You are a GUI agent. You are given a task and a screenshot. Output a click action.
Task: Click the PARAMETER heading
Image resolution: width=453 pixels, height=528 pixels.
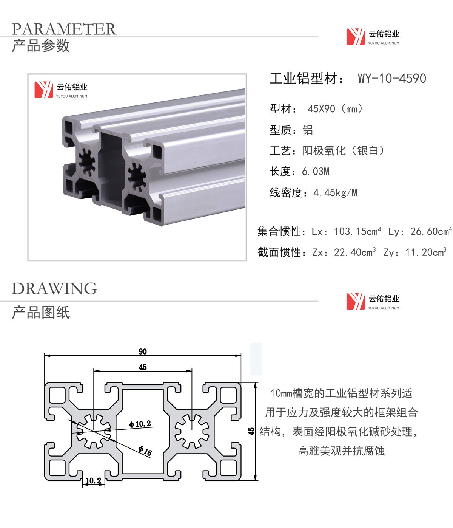point(64,29)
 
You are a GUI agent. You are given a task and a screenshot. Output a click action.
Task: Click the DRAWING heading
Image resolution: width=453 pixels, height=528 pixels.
point(54,288)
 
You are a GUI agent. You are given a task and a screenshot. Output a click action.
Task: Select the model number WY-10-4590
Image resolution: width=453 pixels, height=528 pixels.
point(392,78)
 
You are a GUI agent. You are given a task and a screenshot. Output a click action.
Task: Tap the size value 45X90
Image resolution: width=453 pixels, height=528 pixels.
point(321,109)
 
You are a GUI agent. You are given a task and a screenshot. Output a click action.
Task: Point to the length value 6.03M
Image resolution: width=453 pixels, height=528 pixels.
point(316,172)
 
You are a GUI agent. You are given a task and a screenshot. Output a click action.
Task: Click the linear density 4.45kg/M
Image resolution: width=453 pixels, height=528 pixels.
point(335,193)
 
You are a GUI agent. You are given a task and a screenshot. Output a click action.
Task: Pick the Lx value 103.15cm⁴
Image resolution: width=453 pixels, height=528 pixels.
point(357,231)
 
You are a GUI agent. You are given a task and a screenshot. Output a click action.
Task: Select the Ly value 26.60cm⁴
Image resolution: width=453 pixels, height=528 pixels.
point(431,231)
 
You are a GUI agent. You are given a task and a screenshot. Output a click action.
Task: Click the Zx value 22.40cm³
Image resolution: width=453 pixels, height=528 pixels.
point(355,252)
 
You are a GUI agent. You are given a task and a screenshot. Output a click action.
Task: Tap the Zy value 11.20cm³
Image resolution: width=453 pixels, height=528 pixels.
point(426,252)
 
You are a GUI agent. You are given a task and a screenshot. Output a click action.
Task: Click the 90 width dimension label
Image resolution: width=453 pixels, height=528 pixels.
point(143,351)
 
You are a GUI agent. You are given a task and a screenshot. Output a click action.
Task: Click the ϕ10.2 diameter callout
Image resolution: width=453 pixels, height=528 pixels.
point(140,424)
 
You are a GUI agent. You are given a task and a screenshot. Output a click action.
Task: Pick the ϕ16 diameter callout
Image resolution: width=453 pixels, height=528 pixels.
point(145,451)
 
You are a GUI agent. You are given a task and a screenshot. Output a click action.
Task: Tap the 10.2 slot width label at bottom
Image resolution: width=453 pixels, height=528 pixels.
point(93,481)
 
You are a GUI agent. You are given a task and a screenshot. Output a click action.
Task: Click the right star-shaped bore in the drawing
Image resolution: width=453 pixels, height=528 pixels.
point(192,432)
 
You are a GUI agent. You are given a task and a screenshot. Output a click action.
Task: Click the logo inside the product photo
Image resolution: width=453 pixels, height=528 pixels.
point(61,90)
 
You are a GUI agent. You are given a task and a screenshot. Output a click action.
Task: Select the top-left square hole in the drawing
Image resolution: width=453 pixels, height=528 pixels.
point(57,395)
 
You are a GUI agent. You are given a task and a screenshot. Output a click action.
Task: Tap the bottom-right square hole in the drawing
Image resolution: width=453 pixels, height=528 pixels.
point(228,468)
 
